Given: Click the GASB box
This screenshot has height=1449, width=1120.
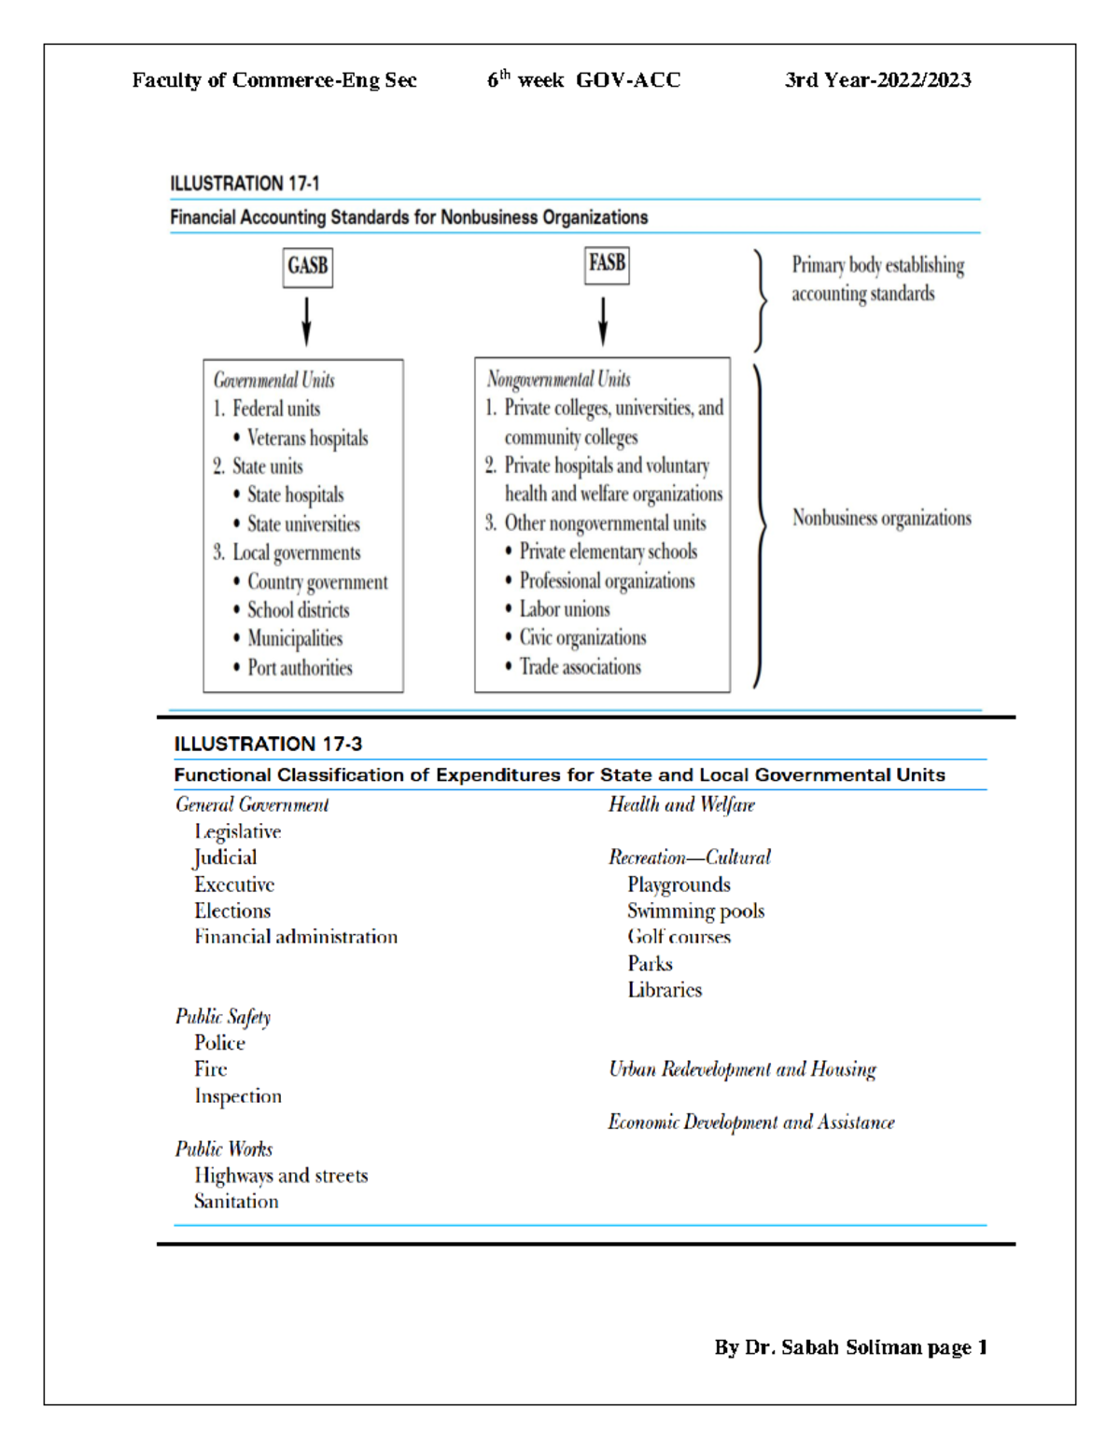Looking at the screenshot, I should click(x=307, y=266).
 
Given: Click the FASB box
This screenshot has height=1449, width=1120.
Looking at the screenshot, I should click(x=607, y=263).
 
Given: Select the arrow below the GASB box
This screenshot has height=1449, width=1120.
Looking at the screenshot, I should click(x=306, y=321).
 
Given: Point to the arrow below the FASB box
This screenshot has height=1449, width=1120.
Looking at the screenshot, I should click(x=603, y=321).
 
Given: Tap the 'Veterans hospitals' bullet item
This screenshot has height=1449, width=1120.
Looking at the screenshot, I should click(x=306, y=438).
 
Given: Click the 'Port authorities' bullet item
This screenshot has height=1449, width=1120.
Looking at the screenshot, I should click(x=299, y=667).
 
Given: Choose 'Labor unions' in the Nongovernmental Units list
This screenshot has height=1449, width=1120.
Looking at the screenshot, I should click(x=564, y=609).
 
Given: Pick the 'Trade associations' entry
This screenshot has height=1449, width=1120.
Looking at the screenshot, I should click(x=580, y=666).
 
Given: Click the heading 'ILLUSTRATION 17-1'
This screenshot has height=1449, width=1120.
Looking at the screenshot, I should click(x=245, y=183).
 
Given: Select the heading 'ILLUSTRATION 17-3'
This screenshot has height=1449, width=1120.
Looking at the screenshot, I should click(x=268, y=744).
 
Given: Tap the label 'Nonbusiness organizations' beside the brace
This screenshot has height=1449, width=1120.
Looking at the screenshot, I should click(x=881, y=518).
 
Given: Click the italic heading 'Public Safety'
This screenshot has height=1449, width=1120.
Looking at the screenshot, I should click(x=223, y=1016).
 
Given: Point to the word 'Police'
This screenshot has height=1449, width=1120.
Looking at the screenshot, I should click(x=219, y=1042).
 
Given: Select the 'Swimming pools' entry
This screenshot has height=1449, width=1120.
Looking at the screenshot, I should click(x=695, y=911).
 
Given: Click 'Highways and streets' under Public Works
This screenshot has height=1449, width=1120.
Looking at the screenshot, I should click(x=281, y=1175).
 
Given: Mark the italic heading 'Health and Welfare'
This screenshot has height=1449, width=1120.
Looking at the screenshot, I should click(x=681, y=804).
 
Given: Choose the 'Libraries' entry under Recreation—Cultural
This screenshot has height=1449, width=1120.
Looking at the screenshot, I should click(x=665, y=989).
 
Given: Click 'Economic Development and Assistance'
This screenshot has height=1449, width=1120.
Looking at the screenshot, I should click(x=750, y=1122).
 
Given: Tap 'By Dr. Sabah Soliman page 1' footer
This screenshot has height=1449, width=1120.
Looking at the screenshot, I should click(x=850, y=1346).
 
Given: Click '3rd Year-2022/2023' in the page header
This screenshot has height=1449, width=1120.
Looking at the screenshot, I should click(x=877, y=80).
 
